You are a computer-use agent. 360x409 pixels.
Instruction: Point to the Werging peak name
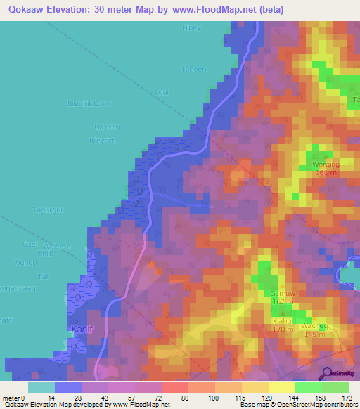(325, 164)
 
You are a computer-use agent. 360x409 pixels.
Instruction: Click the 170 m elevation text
(283, 328)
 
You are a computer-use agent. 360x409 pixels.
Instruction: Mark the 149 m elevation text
(315, 335)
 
